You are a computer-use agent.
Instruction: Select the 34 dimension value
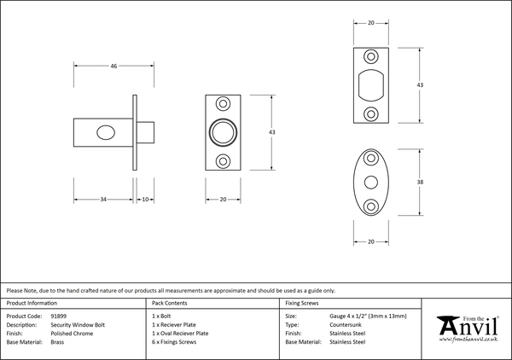tap(102, 199)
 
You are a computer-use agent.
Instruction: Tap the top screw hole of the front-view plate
tap(224, 103)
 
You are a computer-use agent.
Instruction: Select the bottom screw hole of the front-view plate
tap(224, 160)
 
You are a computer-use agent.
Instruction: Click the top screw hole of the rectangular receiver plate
tap(370, 56)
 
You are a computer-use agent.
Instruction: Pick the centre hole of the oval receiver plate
tap(370, 182)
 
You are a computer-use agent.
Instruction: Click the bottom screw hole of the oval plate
tap(370, 205)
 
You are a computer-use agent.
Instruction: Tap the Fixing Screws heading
tap(303, 304)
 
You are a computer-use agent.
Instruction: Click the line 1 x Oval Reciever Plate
tap(179, 333)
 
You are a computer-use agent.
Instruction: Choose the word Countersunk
tap(347, 324)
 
